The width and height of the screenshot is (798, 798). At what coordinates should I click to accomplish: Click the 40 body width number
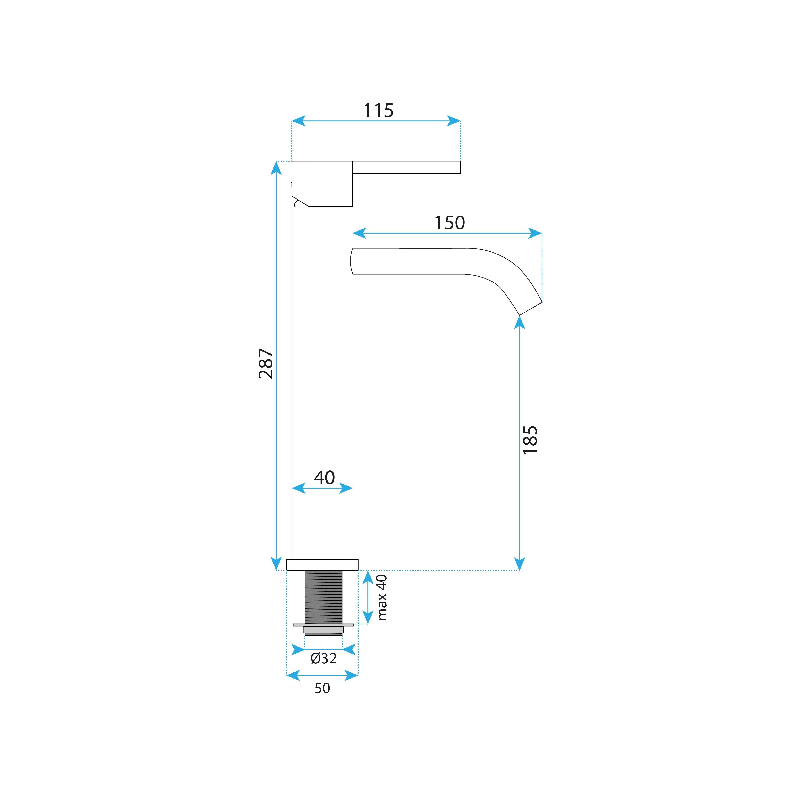324,478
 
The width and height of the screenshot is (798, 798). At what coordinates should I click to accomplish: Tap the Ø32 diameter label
324,658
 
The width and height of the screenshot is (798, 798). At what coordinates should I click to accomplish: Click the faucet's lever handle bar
406,167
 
